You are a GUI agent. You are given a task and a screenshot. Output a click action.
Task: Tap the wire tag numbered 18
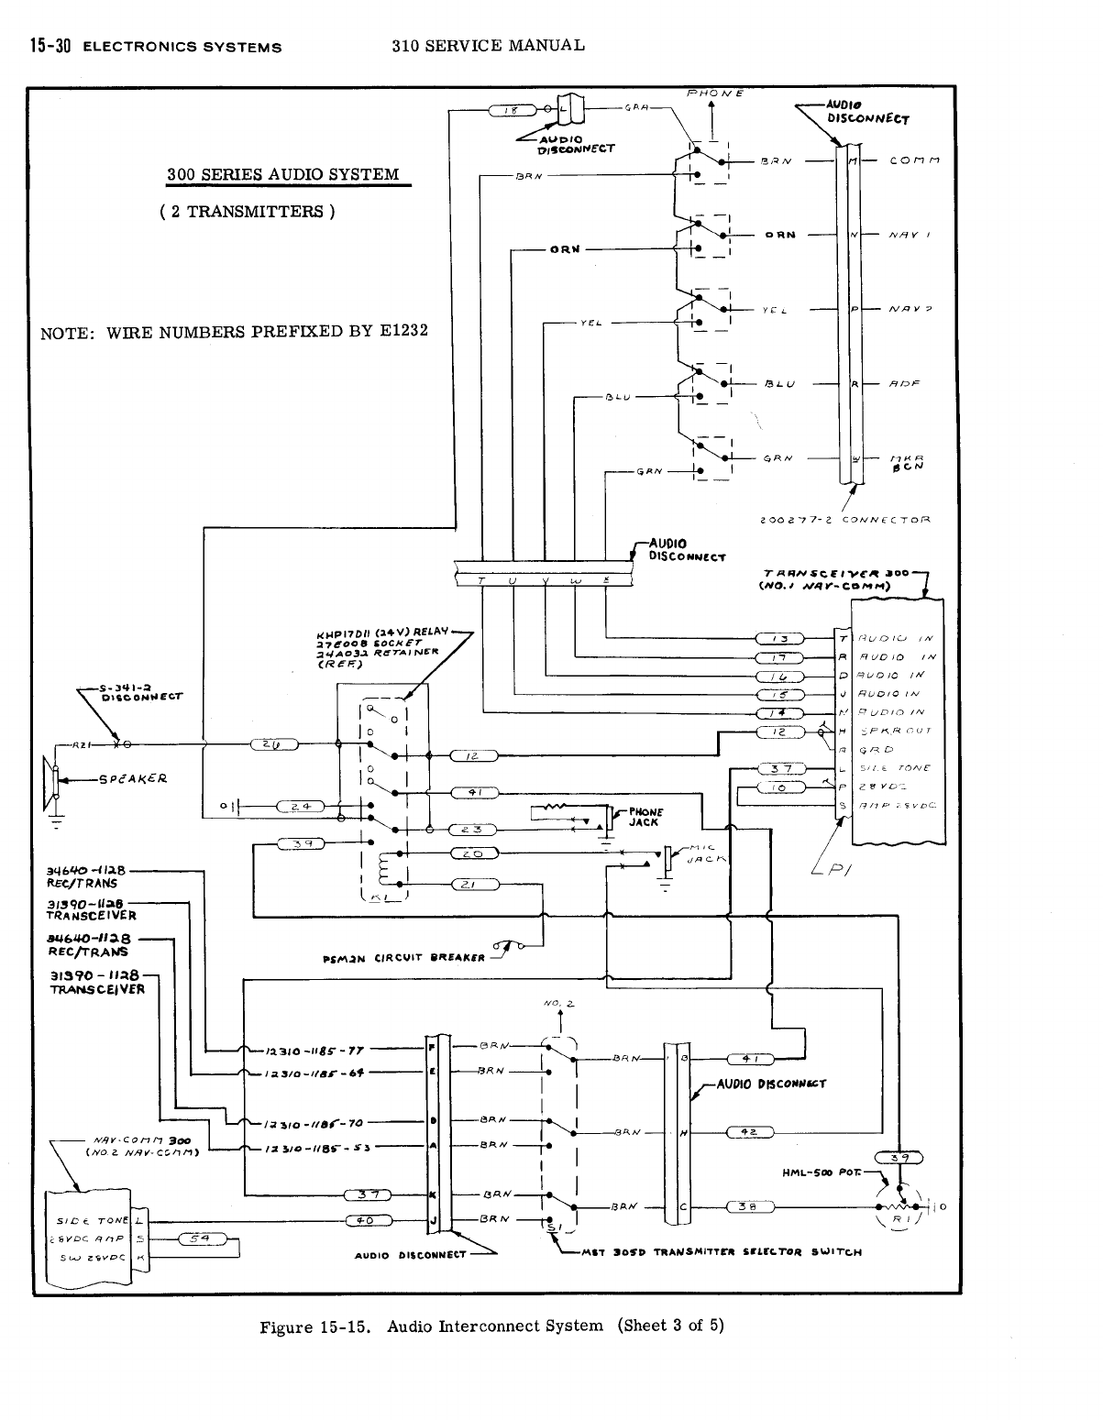click(x=514, y=111)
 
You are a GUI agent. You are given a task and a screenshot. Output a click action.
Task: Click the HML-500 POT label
click(x=820, y=1173)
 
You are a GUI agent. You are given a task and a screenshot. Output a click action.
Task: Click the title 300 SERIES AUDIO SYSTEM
click(x=282, y=175)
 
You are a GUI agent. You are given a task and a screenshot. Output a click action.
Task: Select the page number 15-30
click(x=50, y=45)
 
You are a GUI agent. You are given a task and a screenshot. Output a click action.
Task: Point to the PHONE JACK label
click(x=645, y=817)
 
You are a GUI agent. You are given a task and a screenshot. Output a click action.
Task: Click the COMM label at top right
click(x=912, y=160)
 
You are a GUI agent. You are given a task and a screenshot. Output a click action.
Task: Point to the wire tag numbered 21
click(x=474, y=885)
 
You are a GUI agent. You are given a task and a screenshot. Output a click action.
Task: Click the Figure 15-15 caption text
click(x=491, y=1326)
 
